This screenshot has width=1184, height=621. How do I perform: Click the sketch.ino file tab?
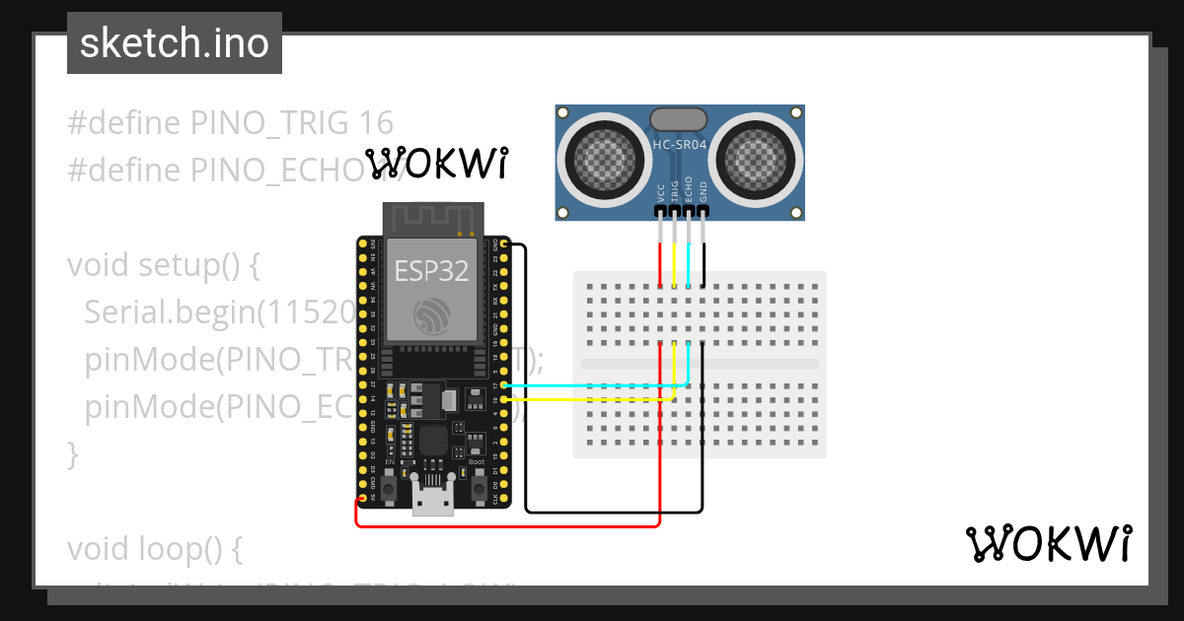pos(175,43)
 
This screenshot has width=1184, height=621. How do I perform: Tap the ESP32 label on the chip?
pos(430,271)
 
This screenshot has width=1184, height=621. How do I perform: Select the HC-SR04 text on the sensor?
pos(680,146)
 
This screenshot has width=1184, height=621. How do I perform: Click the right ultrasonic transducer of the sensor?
pos(756,158)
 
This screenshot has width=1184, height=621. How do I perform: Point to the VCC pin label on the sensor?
pos(660,192)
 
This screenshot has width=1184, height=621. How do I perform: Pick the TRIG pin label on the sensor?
pos(675,190)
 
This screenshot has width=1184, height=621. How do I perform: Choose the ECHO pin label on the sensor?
pos(689,190)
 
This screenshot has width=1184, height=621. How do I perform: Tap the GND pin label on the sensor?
pos(703,191)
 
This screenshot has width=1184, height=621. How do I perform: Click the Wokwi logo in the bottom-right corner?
pos(1049,543)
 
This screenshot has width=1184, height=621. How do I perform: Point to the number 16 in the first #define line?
pos(376,123)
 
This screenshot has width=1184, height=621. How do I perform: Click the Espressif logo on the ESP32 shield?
pos(430,314)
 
